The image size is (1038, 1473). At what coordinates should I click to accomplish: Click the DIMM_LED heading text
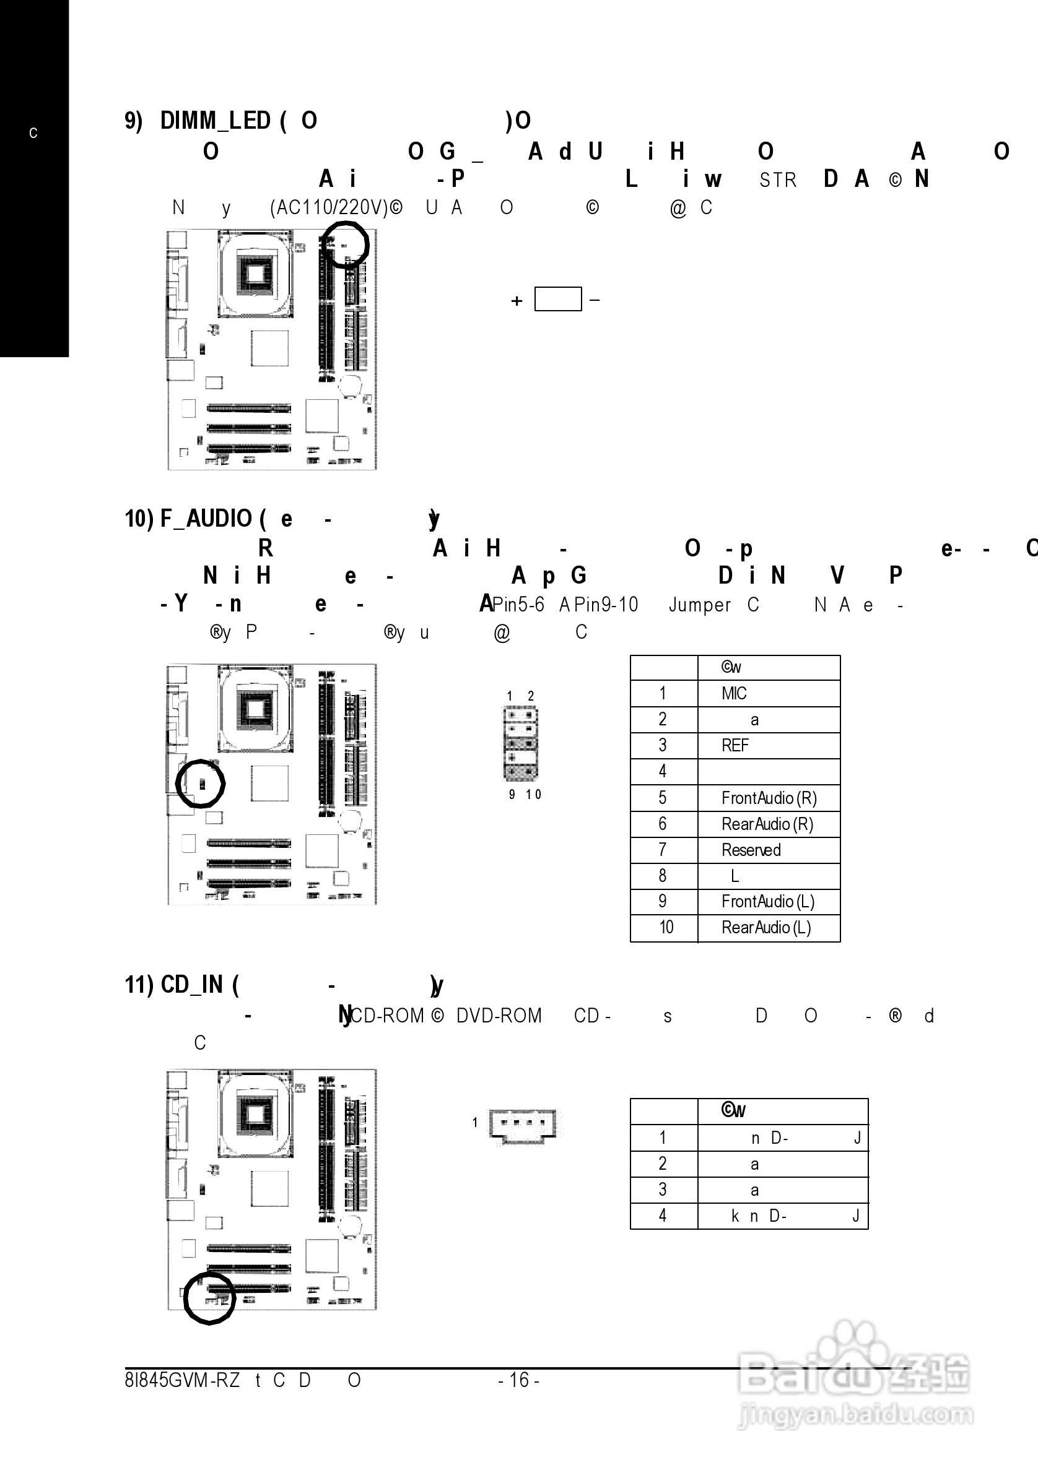[x=215, y=121]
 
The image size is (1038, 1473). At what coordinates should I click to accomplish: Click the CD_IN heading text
[x=191, y=985]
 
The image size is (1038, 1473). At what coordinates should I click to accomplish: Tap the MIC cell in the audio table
[x=734, y=694]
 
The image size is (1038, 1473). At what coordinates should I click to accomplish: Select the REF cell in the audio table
[x=735, y=746]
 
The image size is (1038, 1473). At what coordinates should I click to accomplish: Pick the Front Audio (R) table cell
[x=769, y=798]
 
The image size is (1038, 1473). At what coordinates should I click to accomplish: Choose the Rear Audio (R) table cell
[x=767, y=824]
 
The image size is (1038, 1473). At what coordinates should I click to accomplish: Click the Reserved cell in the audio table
[x=751, y=850]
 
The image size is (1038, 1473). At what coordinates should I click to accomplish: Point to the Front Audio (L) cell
[x=768, y=901]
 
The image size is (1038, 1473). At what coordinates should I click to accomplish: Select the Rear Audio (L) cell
[x=767, y=928]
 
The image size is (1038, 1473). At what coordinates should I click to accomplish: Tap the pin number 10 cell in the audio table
[x=666, y=928]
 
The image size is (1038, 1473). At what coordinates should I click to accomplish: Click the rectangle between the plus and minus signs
[x=558, y=299]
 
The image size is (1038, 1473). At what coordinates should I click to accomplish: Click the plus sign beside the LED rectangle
[x=517, y=301]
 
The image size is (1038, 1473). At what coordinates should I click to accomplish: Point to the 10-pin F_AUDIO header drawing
[x=521, y=743]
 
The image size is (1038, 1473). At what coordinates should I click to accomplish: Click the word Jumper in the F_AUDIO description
[x=700, y=605]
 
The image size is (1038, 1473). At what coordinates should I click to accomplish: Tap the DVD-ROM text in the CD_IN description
[x=499, y=1016]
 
